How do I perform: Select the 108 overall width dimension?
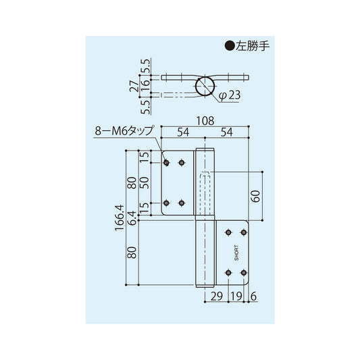tap(206, 122)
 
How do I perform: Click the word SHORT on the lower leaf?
tap(236, 253)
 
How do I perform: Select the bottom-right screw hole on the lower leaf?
tap(243, 272)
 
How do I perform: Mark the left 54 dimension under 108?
tap(182, 133)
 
